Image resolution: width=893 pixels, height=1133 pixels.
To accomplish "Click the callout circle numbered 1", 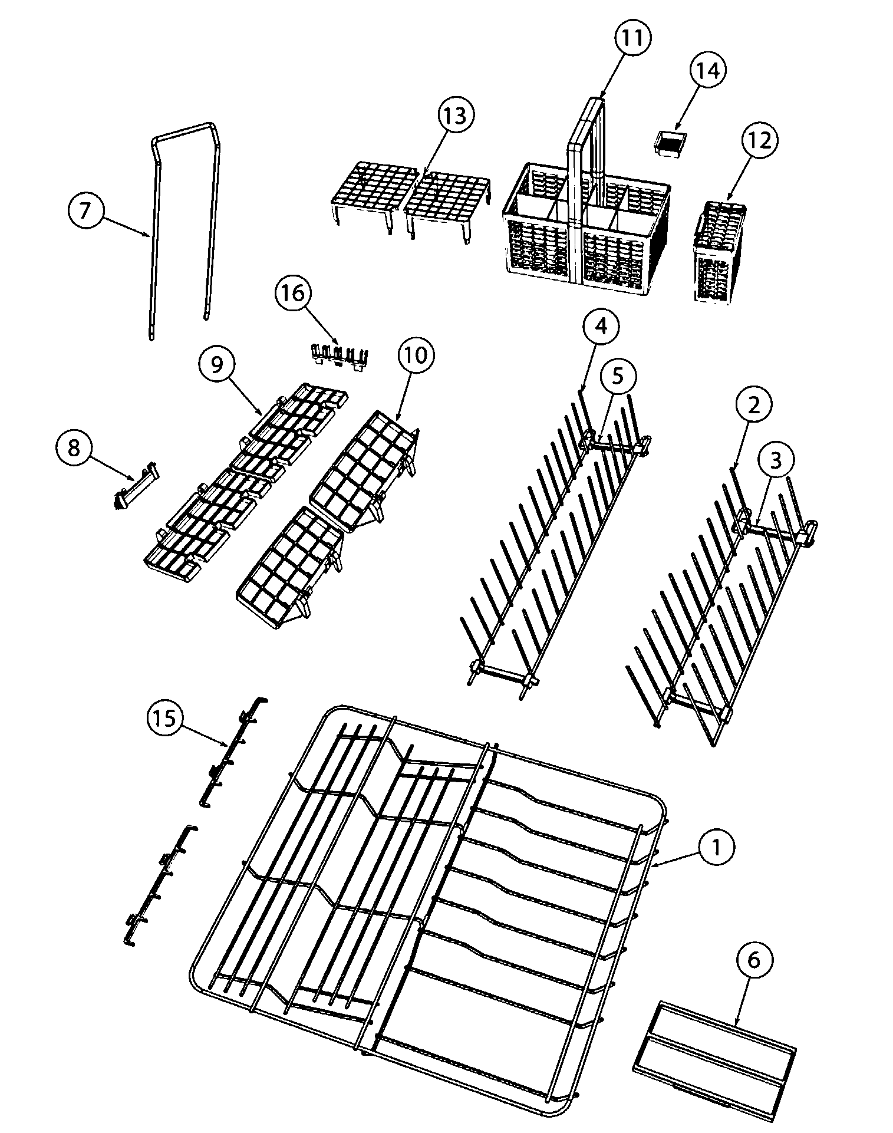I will [x=716, y=848].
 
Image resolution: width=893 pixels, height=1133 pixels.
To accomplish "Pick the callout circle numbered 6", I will [x=754, y=960].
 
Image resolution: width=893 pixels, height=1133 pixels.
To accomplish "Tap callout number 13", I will [x=456, y=116].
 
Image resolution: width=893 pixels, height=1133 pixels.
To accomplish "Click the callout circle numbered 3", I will [x=776, y=461].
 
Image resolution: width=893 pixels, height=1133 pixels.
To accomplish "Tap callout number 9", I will [x=217, y=365].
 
